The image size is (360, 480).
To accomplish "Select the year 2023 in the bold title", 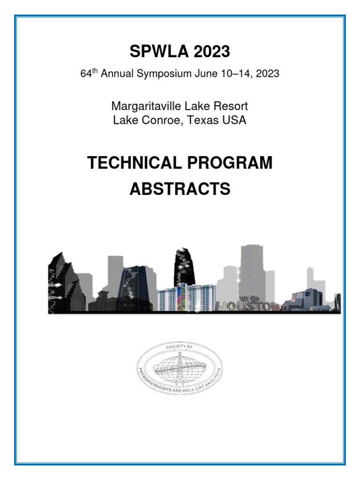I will click(209, 52).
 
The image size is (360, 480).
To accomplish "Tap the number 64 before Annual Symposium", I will click(86, 74).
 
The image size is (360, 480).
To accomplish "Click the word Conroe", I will click(159, 120).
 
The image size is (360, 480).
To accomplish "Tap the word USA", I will click(235, 120).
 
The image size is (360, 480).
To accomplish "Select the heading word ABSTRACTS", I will click(180, 189).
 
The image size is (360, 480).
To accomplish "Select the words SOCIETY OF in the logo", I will click(180, 347).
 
